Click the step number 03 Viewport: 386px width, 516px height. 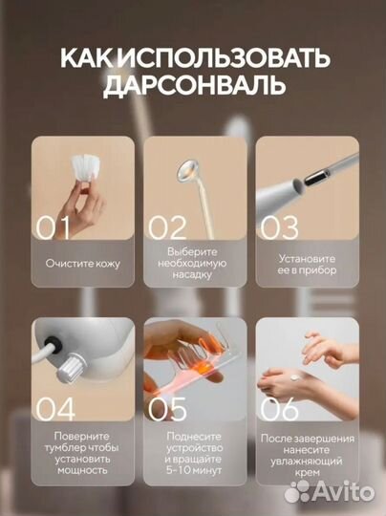[279, 227]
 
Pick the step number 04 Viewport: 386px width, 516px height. [55, 409]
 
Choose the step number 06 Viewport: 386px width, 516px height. [279, 409]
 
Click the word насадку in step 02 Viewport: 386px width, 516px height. [192, 276]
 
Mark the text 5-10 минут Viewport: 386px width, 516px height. [192, 470]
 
